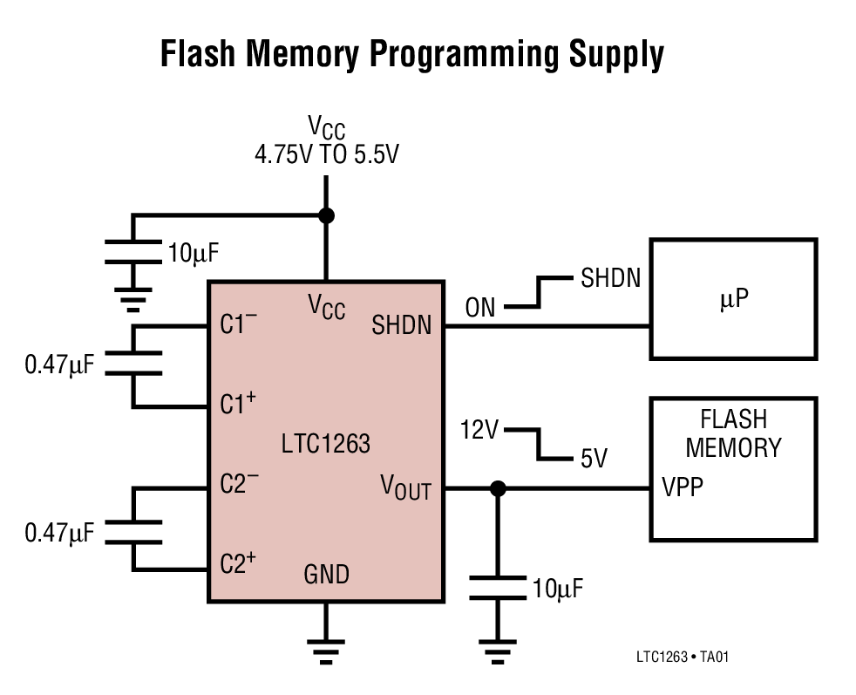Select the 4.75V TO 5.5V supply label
pos(326,155)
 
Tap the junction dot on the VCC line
pos(326,215)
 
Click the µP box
pos(733,298)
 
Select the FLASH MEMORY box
pos(733,469)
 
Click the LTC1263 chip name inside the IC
pos(325,444)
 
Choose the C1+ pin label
pos(237,405)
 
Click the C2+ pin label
pos(237,563)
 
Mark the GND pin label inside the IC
pos(326,575)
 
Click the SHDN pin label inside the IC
pos(401,326)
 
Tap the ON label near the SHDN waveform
pos(479,307)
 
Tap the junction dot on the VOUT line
pos(498,489)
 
